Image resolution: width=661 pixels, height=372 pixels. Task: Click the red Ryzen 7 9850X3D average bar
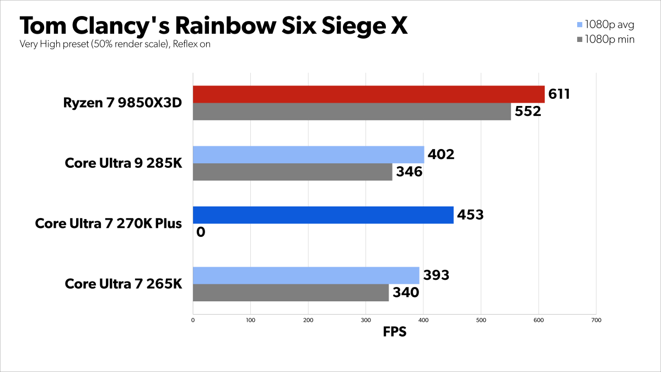click(368, 94)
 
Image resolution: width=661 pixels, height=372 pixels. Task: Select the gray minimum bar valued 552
click(352, 111)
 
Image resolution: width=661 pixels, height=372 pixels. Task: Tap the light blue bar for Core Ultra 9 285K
click(308, 155)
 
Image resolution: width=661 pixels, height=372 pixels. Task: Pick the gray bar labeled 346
click(292, 172)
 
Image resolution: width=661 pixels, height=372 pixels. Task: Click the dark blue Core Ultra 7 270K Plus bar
click(323, 215)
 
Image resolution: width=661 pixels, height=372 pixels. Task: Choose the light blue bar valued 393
click(306, 275)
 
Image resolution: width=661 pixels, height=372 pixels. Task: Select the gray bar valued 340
click(291, 293)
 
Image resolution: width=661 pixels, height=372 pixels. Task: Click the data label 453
click(470, 215)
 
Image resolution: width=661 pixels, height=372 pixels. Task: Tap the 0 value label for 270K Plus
click(201, 232)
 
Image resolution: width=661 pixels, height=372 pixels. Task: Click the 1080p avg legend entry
click(605, 24)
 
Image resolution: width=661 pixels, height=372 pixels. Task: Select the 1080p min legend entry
click(605, 39)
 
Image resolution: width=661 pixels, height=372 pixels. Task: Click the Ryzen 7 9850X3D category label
click(122, 103)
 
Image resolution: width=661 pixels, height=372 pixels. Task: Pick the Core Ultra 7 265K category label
click(123, 284)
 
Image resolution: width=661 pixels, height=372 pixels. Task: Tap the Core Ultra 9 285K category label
click(123, 163)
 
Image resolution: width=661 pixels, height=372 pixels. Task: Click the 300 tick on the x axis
click(366, 320)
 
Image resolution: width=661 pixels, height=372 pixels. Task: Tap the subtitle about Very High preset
click(115, 44)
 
